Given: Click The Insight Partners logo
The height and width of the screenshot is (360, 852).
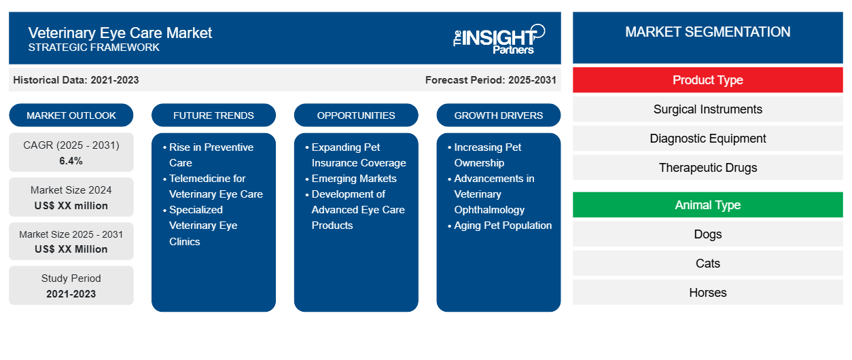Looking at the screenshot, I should tap(499, 39).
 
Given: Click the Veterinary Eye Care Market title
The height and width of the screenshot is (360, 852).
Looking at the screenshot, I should tap(120, 33).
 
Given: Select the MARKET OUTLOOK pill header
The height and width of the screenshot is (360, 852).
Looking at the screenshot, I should tap(71, 115).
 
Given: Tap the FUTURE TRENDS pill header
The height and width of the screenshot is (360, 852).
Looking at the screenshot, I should tap(213, 115).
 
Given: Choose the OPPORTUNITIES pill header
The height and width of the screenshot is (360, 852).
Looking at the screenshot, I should tap(356, 115).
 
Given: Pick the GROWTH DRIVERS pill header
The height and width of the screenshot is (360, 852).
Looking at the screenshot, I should tap(499, 115).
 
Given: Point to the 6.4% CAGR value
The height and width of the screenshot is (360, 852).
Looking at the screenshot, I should tap(71, 161).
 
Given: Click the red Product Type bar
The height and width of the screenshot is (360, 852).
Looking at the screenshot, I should tap(707, 80).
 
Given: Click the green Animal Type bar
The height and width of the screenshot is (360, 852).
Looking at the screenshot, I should tap(707, 205).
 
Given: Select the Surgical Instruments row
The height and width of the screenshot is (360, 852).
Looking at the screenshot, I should tap(707, 109).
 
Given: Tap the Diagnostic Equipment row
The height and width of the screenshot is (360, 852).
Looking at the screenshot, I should tap(707, 139).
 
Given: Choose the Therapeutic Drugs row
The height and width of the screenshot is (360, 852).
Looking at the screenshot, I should tap(707, 168).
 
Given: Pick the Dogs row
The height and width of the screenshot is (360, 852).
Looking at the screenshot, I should tap(707, 234).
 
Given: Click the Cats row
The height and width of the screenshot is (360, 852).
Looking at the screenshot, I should tap(707, 264).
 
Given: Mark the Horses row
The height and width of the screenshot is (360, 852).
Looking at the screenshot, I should tap(707, 293).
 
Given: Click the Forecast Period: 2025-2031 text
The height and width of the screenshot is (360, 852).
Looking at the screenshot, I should tap(491, 80).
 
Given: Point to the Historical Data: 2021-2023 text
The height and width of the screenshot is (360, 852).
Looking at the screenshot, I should tap(76, 80).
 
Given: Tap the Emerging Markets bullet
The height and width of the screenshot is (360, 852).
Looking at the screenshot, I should tap(354, 179).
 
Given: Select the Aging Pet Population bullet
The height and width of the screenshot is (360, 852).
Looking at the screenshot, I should tap(503, 226).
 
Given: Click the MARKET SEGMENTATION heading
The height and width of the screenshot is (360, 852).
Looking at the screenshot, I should tap(707, 32).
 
